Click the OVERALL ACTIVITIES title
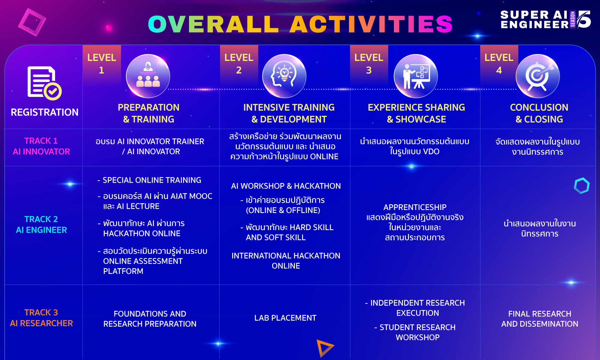coord(300,24)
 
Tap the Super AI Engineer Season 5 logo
coord(546,19)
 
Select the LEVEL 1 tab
coord(102,64)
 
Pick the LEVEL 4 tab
coord(499,64)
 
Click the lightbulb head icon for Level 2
coord(284,76)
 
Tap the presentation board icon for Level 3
coord(415,76)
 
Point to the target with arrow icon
coord(538,76)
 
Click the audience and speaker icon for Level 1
coord(148,76)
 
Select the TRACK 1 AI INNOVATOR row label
coord(41,146)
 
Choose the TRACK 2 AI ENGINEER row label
coord(41,224)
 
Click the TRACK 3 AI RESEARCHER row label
coord(41,318)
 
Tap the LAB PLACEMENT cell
coord(285,318)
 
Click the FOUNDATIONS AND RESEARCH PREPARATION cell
coord(150,319)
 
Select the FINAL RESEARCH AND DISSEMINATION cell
coord(540,319)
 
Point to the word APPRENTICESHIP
coord(415,207)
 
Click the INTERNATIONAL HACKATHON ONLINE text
coord(286,261)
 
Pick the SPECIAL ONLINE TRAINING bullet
coord(149,180)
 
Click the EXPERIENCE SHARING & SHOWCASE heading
coord(416,113)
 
